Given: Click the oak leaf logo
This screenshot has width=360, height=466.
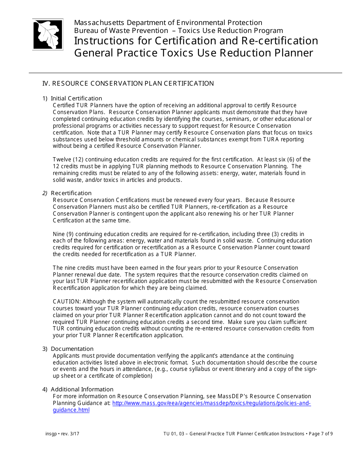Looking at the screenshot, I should point(48,34).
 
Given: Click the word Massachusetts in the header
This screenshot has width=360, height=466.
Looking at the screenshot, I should point(97,22).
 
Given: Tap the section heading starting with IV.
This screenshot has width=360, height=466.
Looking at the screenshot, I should point(128,83).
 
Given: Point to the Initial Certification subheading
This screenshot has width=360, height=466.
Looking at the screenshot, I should point(76,99).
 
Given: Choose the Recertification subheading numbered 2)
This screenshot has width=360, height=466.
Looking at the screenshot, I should point(71,193).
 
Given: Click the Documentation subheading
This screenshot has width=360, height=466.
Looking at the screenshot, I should point(72,349).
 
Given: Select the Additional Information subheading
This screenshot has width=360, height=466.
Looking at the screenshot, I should point(82,389).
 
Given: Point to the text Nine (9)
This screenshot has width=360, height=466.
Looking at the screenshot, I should point(63,234).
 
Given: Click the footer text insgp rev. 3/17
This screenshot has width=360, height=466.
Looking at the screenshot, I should point(62,434).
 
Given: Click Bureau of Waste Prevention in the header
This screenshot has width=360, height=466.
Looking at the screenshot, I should point(121,31).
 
